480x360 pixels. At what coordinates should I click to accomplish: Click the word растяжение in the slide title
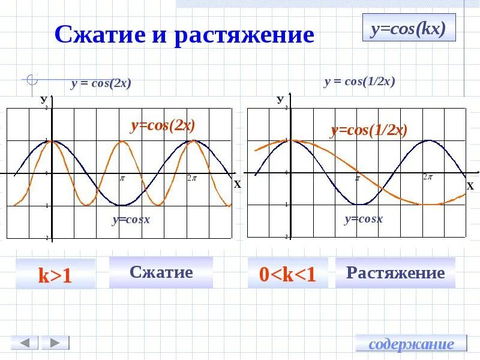[x=244, y=35]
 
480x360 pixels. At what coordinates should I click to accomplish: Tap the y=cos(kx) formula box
[x=409, y=28]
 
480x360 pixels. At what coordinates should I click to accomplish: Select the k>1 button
[x=55, y=275]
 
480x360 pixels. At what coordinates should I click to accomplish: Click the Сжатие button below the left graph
[x=161, y=272]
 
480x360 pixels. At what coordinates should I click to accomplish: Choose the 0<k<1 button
[x=287, y=274]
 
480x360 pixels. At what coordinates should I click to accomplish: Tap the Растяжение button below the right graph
[x=395, y=273]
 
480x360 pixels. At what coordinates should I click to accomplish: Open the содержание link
[x=411, y=344]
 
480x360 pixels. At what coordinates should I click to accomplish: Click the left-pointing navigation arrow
[x=25, y=343]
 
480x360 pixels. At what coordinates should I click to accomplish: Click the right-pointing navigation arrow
[x=55, y=343]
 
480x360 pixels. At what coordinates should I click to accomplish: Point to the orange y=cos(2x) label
[x=163, y=125]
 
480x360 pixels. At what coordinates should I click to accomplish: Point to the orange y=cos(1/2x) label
[x=369, y=130]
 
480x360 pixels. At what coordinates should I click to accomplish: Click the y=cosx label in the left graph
[x=131, y=220]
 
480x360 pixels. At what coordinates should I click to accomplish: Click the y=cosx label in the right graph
[x=363, y=219]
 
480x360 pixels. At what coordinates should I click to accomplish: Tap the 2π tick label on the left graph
[x=191, y=178]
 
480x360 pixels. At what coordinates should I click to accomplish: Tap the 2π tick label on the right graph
[x=428, y=177]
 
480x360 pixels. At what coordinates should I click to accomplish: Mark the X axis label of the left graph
[x=237, y=185]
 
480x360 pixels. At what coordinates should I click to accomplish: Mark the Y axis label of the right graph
[x=280, y=99]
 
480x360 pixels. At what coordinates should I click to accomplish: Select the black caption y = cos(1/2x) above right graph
[x=359, y=82]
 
